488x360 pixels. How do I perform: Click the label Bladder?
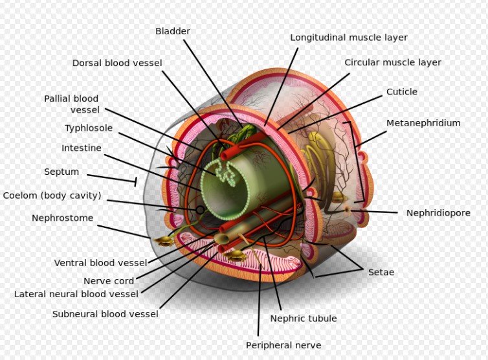[x=173, y=31]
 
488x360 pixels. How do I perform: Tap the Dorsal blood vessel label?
[x=117, y=63]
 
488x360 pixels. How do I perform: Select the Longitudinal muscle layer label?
[x=349, y=38]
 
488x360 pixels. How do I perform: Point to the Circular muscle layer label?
[x=392, y=62]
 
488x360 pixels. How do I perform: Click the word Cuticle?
[x=402, y=92]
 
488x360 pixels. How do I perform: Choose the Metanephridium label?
[x=423, y=123]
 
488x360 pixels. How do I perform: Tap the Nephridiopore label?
[x=438, y=213]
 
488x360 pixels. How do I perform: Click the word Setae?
[x=381, y=272]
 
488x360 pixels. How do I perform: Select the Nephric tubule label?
[x=304, y=319]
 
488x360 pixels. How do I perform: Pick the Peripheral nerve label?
[x=283, y=345]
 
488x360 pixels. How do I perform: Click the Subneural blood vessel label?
[x=105, y=314]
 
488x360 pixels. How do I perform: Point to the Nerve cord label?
[x=109, y=281]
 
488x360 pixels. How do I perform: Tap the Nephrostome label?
[x=63, y=218]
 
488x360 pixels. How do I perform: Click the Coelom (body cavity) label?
[x=52, y=196]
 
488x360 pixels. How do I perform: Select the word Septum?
[x=61, y=172]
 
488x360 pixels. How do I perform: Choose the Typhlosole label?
[x=89, y=128]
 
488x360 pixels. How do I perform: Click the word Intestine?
[x=82, y=148]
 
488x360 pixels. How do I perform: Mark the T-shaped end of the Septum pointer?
[x=135, y=182]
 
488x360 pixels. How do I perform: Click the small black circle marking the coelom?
[x=200, y=210]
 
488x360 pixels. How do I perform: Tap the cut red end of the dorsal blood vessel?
[x=225, y=155]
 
